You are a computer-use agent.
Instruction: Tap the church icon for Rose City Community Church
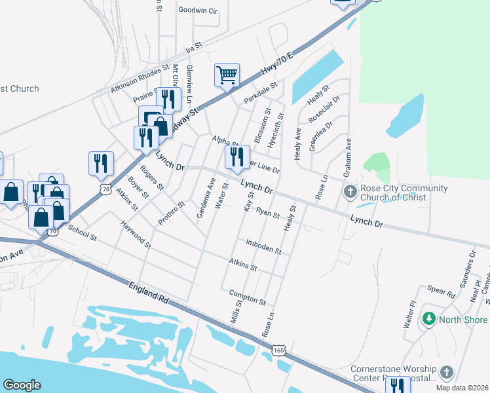coord(350,193)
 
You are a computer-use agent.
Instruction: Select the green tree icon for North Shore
coord(429,319)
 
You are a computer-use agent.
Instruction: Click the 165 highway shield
coord(280,351)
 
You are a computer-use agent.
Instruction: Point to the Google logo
coord(22,385)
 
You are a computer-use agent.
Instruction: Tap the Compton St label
coord(248,298)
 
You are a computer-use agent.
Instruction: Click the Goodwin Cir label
coord(198,10)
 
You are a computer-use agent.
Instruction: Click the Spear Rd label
coord(441,291)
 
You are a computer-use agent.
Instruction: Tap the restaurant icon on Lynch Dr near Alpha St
coord(235,157)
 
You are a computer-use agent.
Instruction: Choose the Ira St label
coord(193,48)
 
